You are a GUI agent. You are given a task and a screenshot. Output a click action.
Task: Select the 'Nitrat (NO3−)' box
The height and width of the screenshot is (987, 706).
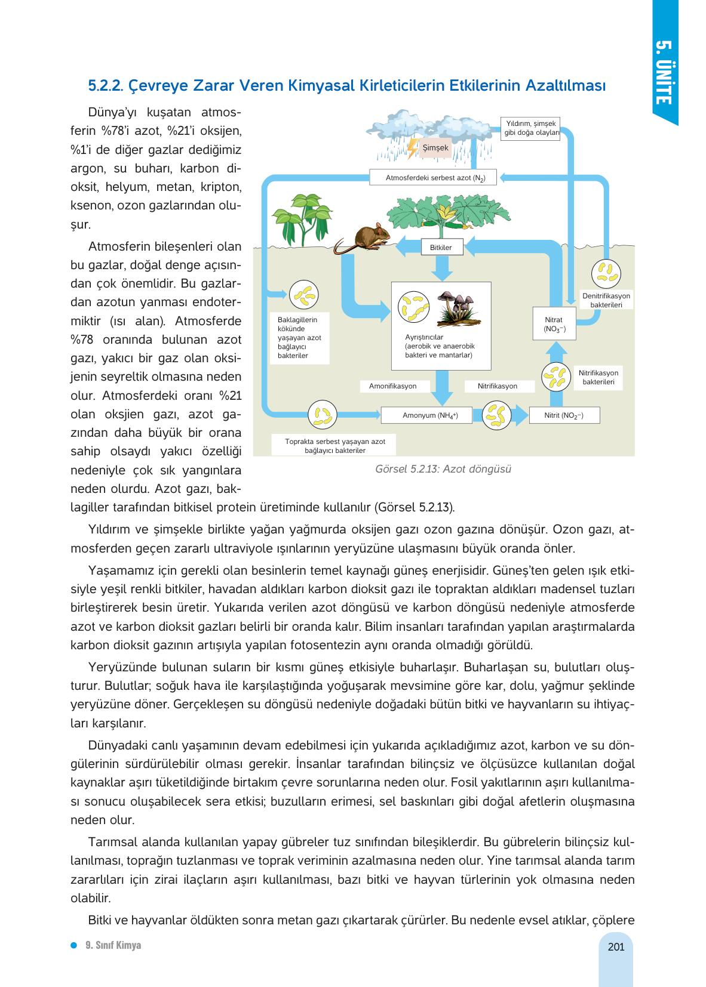point(554,324)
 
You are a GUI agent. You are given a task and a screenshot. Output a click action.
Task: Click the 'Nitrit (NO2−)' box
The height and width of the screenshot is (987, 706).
point(564,415)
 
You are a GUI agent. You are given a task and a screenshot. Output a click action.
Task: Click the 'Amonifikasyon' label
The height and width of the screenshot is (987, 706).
point(392,386)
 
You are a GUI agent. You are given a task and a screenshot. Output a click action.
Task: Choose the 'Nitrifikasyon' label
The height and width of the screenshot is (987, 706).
point(498,386)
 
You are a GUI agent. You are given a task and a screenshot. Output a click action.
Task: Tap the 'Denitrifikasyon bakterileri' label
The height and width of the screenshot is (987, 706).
point(606,300)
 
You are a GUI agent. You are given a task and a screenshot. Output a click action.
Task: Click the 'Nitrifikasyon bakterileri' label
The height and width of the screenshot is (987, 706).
point(598,378)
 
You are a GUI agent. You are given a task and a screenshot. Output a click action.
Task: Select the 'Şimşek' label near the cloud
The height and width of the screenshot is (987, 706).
point(435,147)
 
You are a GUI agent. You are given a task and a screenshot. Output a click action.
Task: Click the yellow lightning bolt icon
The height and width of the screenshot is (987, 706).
point(412,148)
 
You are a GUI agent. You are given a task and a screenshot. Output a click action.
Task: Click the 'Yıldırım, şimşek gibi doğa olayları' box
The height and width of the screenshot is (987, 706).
point(531,128)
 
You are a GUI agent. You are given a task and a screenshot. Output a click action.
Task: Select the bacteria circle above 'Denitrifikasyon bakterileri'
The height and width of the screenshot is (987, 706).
point(606,273)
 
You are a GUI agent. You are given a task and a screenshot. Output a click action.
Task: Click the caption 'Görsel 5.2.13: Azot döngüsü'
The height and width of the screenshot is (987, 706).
point(443,468)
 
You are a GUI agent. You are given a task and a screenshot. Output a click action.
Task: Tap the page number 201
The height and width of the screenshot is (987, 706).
point(615,946)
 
